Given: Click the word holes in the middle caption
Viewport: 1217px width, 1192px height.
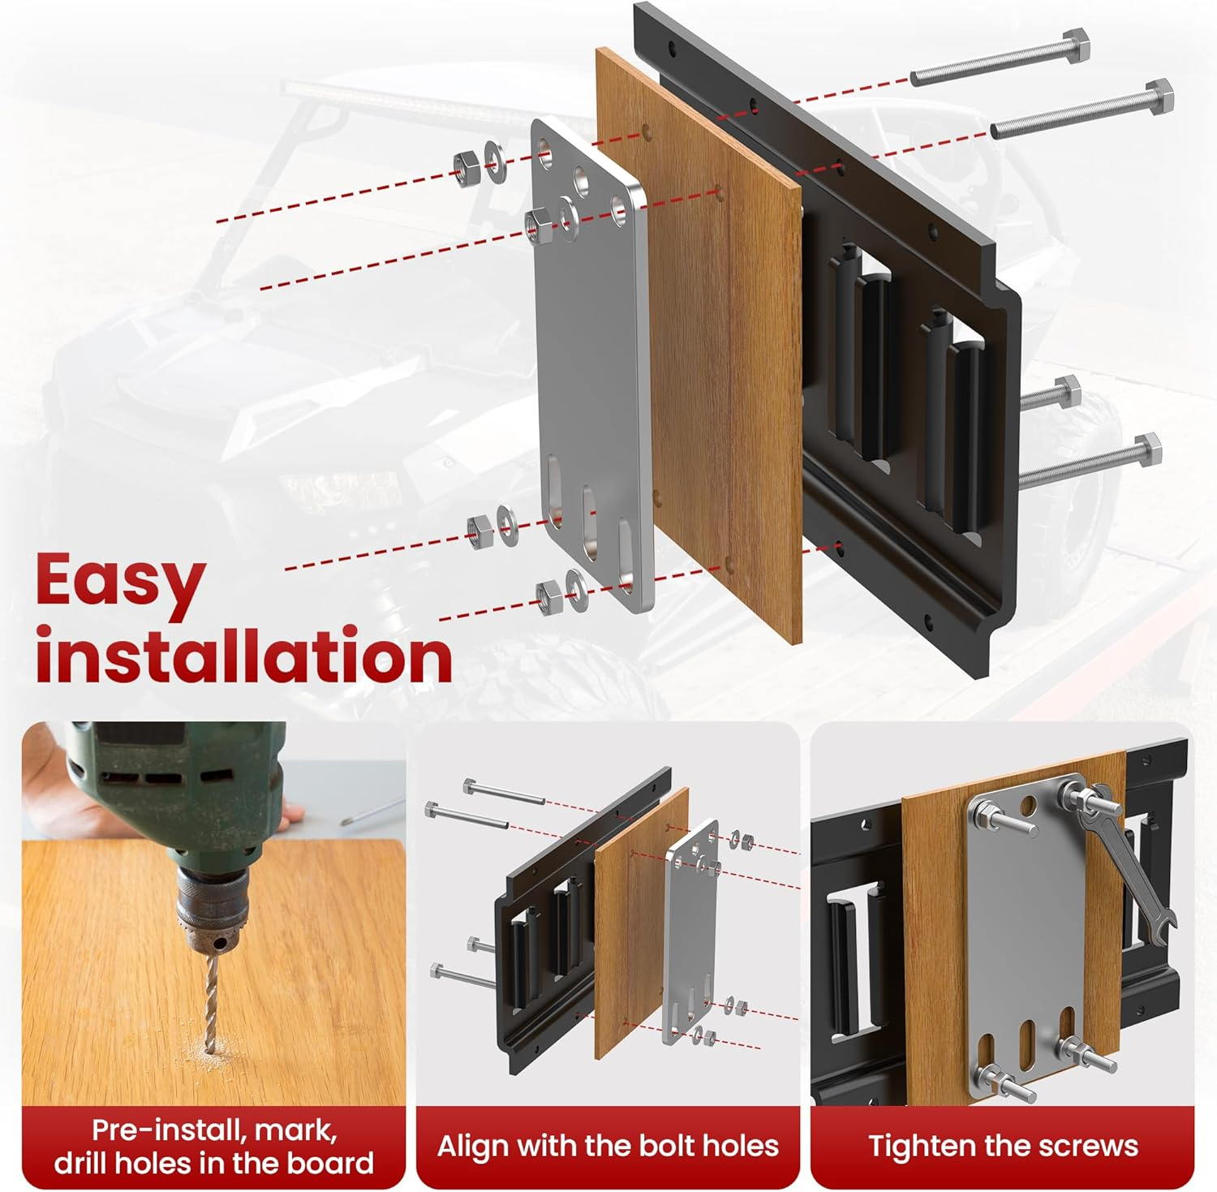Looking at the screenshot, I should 738,1146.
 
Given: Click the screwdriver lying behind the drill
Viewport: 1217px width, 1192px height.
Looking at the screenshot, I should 373,811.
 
